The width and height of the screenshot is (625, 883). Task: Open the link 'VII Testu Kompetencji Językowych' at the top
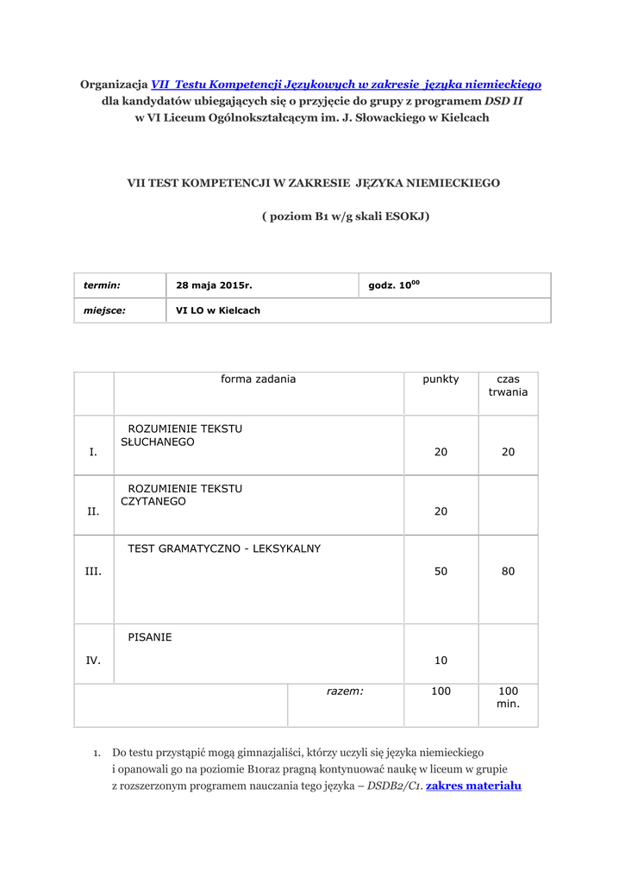pyautogui.click(x=346, y=85)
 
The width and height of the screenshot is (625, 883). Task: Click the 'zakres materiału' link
pyautogui.click(x=474, y=786)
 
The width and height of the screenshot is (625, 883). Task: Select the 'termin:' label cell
pyautogui.click(x=102, y=285)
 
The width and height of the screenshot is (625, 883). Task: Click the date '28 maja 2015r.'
pyautogui.click(x=214, y=285)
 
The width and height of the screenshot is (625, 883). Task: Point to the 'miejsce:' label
pyautogui.click(x=104, y=310)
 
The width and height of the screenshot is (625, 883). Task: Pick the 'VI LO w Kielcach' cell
pyautogui.click(x=218, y=310)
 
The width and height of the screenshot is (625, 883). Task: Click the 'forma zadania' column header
pyautogui.click(x=258, y=379)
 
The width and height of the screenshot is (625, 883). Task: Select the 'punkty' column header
pyautogui.click(x=441, y=379)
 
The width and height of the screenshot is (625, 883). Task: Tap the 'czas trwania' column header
pyautogui.click(x=508, y=385)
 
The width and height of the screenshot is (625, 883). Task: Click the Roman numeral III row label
pyautogui.click(x=93, y=571)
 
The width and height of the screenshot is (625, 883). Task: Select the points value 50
pyautogui.click(x=441, y=571)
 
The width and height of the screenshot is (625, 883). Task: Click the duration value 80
pyautogui.click(x=508, y=571)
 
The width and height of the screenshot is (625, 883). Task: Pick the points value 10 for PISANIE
pyautogui.click(x=441, y=661)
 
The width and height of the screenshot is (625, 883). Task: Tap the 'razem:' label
pyautogui.click(x=345, y=692)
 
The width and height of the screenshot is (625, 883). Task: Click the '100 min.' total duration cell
pyautogui.click(x=508, y=698)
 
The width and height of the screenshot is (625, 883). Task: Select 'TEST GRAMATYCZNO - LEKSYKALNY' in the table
pyautogui.click(x=224, y=548)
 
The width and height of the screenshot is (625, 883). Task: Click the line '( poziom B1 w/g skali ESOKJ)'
pyautogui.click(x=345, y=216)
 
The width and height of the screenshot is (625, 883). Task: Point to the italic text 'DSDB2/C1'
pyautogui.click(x=394, y=786)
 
